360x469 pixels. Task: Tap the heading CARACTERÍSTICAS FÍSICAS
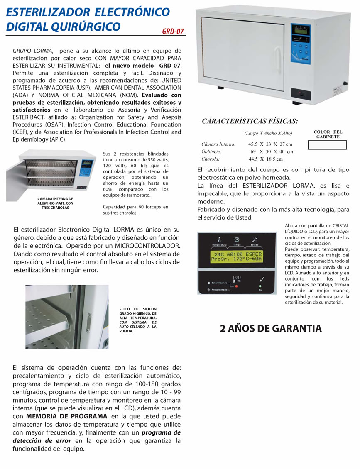250,121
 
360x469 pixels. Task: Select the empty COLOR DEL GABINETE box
327,145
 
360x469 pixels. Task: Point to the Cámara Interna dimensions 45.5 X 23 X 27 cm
270,144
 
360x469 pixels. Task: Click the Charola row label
211,159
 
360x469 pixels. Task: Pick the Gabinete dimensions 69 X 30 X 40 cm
272,151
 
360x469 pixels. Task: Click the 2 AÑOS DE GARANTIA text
271,329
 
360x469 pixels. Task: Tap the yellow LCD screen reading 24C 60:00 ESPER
235,257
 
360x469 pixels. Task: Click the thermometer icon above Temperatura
218,239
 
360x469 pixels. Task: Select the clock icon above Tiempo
236,239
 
